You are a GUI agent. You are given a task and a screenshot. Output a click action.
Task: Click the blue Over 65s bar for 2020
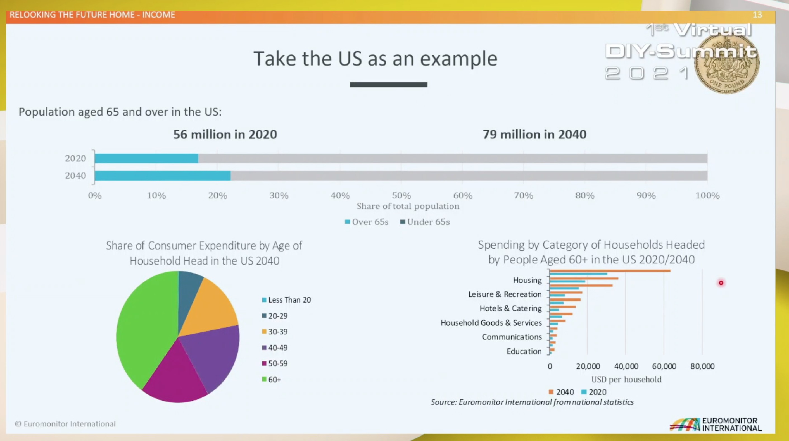pos(146,159)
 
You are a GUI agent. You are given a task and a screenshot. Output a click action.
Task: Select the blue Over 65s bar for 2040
pos(162,176)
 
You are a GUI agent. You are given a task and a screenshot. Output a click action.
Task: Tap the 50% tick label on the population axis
pos(401,196)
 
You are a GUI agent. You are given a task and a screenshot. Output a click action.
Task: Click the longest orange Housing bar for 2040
pos(610,271)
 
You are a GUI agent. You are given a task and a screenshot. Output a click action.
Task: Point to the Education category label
pos(524,351)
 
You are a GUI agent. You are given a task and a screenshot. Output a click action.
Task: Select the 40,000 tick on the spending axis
pos(626,366)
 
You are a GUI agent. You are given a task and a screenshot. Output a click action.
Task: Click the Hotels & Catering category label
pos(510,308)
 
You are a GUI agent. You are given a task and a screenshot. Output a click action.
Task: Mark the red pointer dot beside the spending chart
pos(721,283)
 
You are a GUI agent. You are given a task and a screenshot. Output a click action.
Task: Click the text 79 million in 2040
pos(534,134)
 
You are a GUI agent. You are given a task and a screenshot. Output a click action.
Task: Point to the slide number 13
pos(757,15)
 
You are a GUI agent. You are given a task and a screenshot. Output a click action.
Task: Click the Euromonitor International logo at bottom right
pos(716,425)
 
